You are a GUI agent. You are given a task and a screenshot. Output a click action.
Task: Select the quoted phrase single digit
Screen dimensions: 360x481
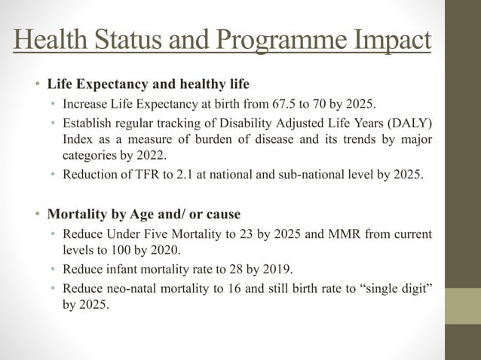[x=398, y=290]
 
